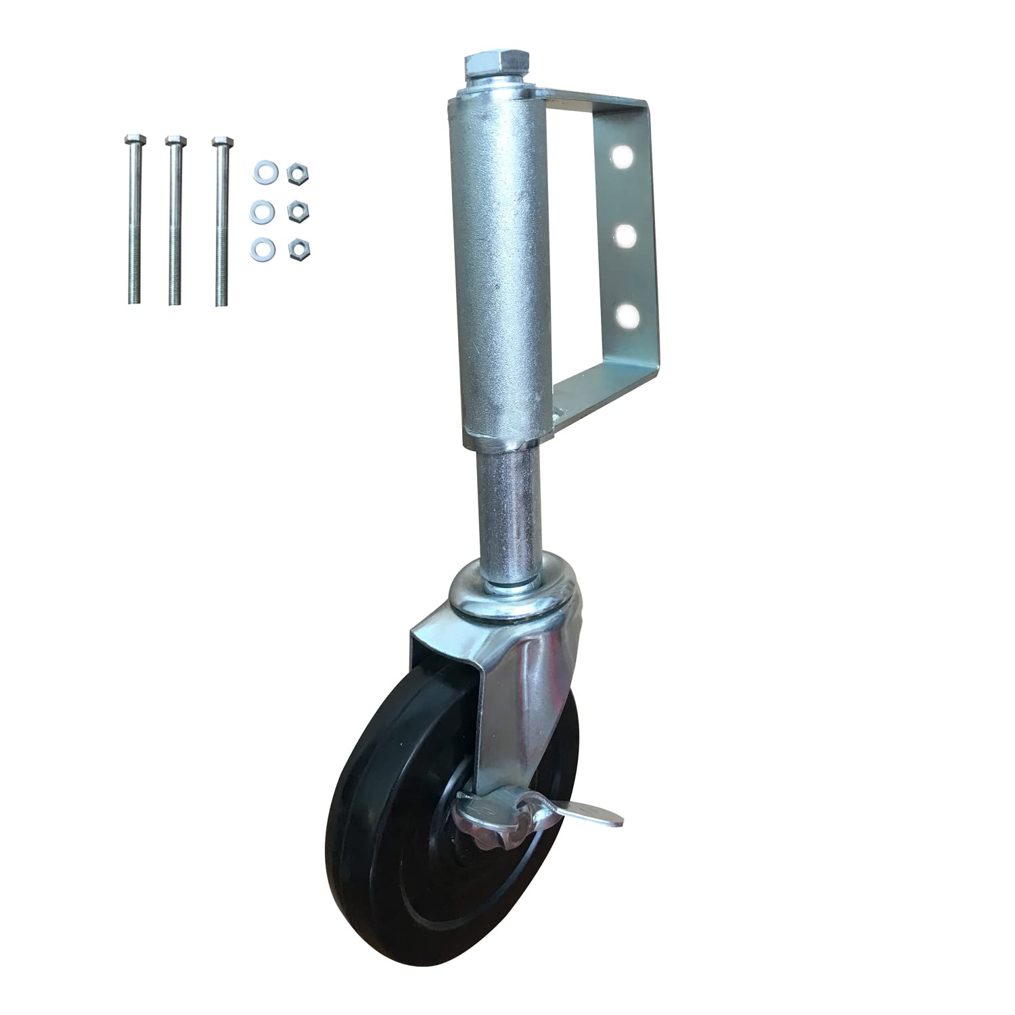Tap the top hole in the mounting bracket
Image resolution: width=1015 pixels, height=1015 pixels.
pos(623,157)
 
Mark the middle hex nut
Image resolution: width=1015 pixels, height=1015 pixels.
pos(296,212)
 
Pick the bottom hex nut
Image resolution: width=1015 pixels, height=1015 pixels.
pos(296,250)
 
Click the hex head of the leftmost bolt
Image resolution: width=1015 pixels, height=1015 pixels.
pos(132,141)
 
